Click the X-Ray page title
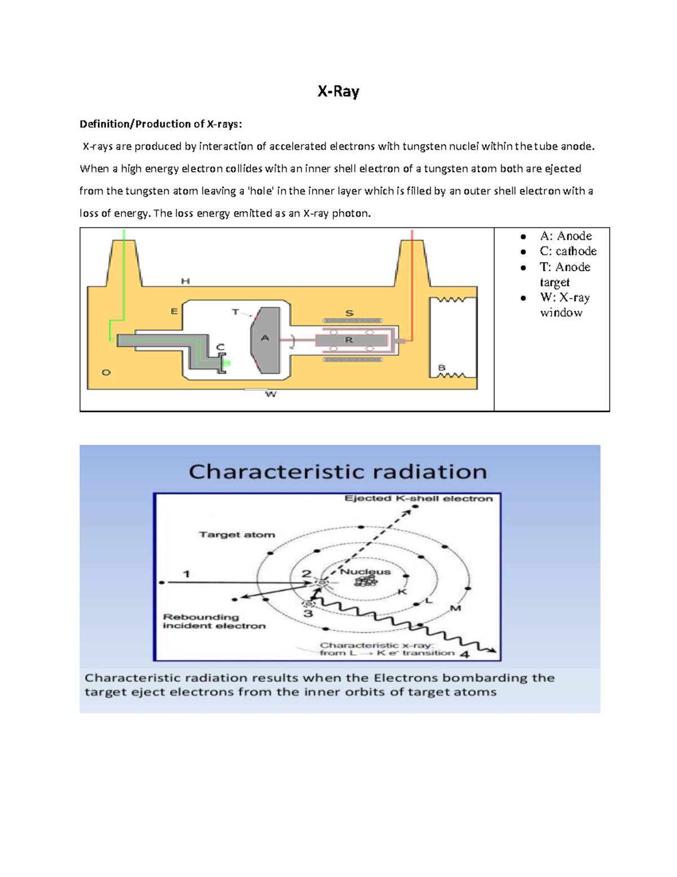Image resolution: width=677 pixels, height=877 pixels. pyautogui.click(x=338, y=91)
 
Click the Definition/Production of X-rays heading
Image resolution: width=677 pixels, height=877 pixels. pyautogui.click(x=161, y=124)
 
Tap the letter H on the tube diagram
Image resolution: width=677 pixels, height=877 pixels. pyautogui.click(x=185, y=281)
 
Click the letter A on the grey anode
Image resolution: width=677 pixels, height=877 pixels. pyautogui.click(x=265, y=338)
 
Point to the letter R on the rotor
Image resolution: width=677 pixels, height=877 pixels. pyautogui.click(x=349, y=340)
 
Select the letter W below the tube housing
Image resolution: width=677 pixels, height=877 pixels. pyautogui.click(x=271, y=394)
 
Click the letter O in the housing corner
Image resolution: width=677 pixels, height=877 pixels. pyautogui.click(x=106, y=373)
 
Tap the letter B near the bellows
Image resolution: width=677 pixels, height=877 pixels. pyautogui.click(x=442, y=368)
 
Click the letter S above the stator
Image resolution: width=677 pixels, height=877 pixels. pyautogui.click(x=349, y=313)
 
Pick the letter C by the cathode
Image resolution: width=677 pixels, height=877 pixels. pyautogui.click(x=220, y=347)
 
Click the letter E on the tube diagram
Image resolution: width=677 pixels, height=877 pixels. pyautogui.click(x=174, y=311)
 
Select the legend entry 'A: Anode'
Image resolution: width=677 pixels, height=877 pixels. pyautogui.click(x=565, y=236)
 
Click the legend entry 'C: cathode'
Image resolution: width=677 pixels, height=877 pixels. pyautogui.click(x=568, y=251)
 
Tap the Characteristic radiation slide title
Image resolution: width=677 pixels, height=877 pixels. pyautogui.click(x=337, y=472)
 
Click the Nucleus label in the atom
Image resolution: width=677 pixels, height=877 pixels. pyautogui.click(x=366, y=571)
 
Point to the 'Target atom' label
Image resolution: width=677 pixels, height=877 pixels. pyautogui.click(x=237, y=534)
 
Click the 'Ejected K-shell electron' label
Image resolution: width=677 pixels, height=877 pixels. pyautogui.click(x=419, y=499)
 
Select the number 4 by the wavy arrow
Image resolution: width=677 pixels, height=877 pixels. pyautogui.click(x=464, y=655)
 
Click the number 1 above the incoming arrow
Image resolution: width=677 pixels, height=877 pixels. pyautogui.click(x=186, y=574)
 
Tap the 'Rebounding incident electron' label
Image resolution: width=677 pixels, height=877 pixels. pyautogui.click(x=214, y=621)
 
